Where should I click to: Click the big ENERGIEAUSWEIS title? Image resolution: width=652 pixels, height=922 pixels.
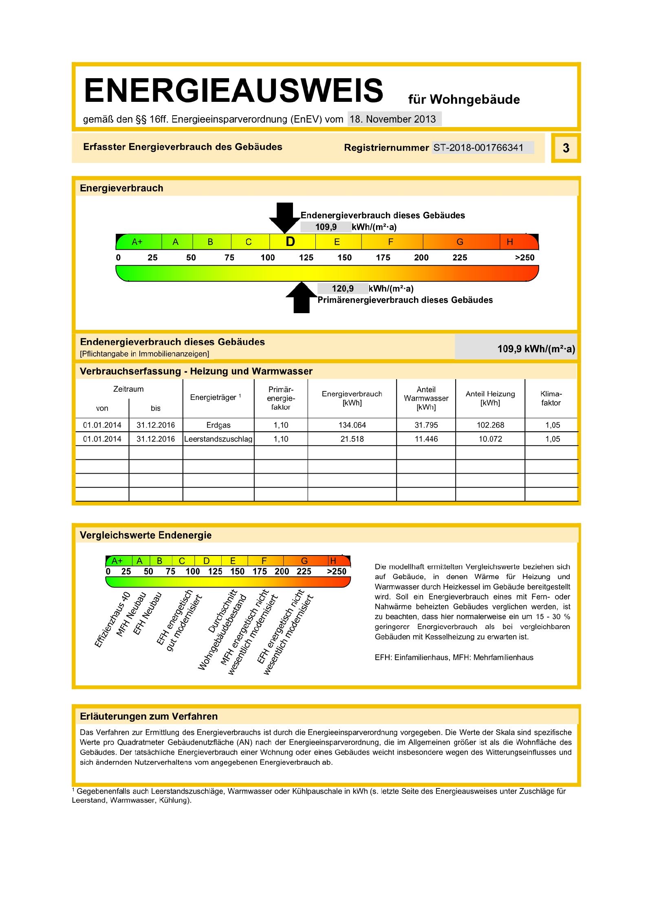(x=233, y=90)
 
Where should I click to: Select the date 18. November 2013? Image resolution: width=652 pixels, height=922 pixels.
(x=393, y=119)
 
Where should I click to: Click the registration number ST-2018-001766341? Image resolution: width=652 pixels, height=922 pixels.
(x=478, y=147)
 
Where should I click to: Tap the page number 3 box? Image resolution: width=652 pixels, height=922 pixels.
(x=566, y=148)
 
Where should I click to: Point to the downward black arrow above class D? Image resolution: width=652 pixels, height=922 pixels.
(x=284, y=217)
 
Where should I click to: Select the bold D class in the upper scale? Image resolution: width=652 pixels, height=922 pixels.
(x=290, y=242)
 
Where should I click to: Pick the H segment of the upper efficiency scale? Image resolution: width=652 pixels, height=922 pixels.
(x=510, y=242)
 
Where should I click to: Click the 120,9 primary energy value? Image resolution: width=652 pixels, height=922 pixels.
(x=343, y=289)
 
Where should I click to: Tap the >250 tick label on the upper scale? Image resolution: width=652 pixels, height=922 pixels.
(x=524, y=257)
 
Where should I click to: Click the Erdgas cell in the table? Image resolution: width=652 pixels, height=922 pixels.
(x=218, y=425)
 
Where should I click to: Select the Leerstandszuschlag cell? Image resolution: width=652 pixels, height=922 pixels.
(x=218, y=439)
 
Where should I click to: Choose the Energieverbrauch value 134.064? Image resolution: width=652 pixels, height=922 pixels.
(x=352, y=425)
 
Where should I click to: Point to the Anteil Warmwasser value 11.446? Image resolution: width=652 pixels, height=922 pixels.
(x=426, y=439)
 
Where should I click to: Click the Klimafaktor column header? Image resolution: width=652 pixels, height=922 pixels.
(x=551, y=398)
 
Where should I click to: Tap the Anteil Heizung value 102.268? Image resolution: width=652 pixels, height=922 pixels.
(x=490, y=425)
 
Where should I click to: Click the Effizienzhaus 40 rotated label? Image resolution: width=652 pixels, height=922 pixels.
(x=112, y=619)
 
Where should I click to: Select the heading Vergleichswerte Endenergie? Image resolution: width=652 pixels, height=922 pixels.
(x=145, y=535)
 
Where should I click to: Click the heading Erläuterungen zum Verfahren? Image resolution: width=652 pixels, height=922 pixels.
(x=149, y=716)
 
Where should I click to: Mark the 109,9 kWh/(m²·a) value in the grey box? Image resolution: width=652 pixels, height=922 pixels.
(x=536, y=349)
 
